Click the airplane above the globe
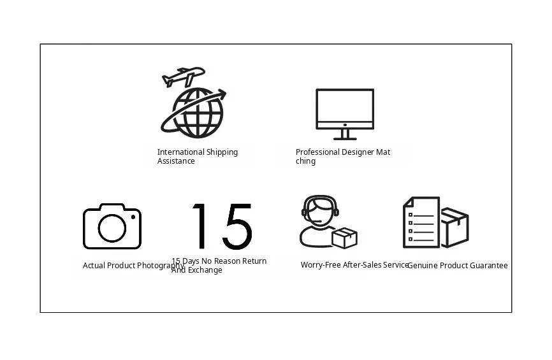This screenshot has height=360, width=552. pyautogui.click(x=184, y=76)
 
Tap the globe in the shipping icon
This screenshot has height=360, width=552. pyautogui.click(x=198, y=113)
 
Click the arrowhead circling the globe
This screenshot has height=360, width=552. pyautogui.click(x=222, y=94)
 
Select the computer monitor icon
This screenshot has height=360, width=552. pyautogui.click(x=345, y=114)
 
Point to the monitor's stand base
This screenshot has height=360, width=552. pyautogui.click(x=345, y=139)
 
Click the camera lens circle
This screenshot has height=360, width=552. pyautogui.click(x=112, y=228)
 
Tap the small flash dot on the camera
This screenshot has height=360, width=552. pyautogui.click(x=133, y=217)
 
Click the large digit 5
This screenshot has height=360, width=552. pyautogui.click(x=238, y=226)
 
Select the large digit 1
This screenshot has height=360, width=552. pyautogui.click(x=200, y=226)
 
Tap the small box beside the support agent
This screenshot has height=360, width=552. pyautogui.click(x=345, y=238)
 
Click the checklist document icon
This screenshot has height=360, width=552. pyautogui.click(x=421, y=222)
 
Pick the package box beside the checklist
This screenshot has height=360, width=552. pyautogui.click(x=455, y=227)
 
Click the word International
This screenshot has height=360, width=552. pyautogui.click(x=180, y=152)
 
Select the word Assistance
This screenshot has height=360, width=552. pyautogui.click(x=176, y=161)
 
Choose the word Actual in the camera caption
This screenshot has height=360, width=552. pyautogui.click(x=94, y=265)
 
